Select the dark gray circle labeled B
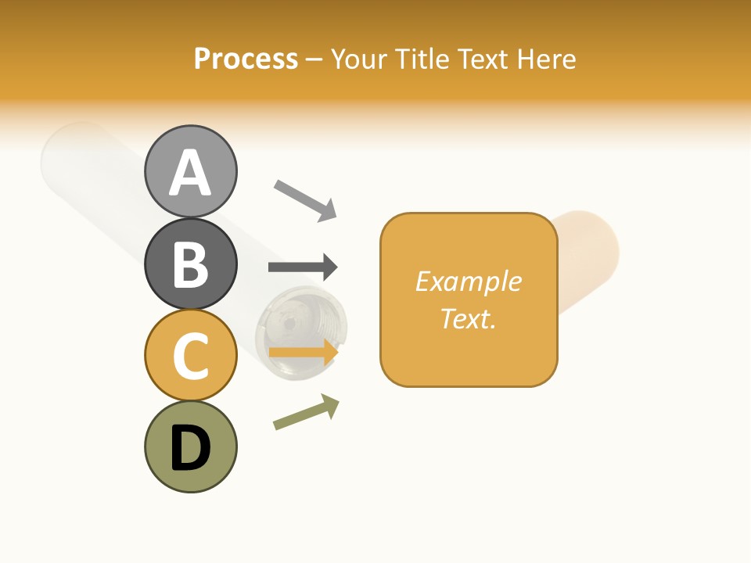pos(191,264)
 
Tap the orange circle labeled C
pos(191,355)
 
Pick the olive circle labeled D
pos(191,447)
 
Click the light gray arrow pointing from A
pos(305,199)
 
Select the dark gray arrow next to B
pos(303,267)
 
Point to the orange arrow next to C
pos(303,353)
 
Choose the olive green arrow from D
pos(306,411)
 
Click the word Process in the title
pos(246,59)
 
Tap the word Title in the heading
pos(423,59)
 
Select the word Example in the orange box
pos(469,281)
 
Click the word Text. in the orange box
pos(469,318)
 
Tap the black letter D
pos(191,449)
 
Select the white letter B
pos(191,264)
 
